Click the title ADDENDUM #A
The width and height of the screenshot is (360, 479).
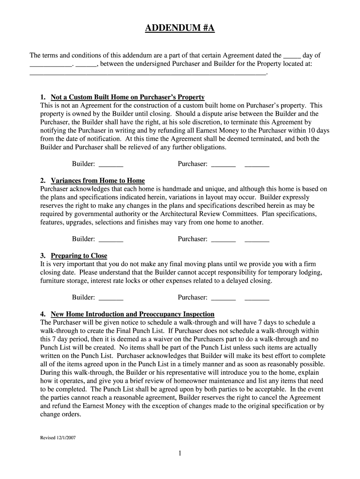[180, 29]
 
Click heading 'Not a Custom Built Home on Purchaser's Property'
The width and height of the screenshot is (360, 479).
[128, 97]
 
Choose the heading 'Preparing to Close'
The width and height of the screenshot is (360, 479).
[79, 256]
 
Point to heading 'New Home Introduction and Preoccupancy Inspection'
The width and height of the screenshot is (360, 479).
[132, 314]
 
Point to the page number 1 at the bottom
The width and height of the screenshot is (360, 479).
[180, 453]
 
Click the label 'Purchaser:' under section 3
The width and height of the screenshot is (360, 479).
[192, 298]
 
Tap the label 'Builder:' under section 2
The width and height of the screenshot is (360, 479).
[83, 239]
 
